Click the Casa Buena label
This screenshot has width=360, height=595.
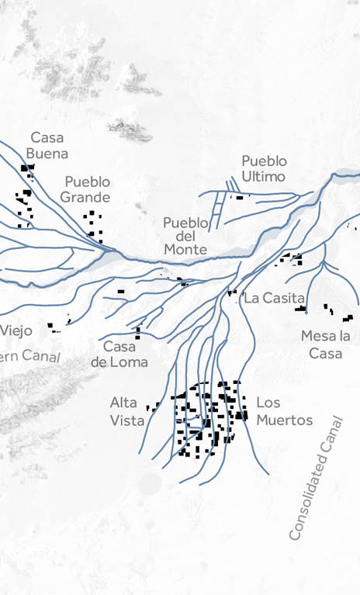pyautogui.click(x=47, y=145)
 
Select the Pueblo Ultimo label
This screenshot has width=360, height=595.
pyautogui.click(x=264, y=168)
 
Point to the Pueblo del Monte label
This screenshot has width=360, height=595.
pyautogui.click(x=185, y=236)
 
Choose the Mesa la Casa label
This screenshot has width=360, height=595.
pyautogui.click(x=326, y=344)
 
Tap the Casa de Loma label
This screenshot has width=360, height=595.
pyautogui.click(x=119, y=354)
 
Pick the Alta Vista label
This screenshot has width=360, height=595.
pyautogui.click(x=127, y=411)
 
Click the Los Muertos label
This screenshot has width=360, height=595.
pyautogui.click(x=284, y=411)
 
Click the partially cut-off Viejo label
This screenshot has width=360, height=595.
pyautogui.click(x=16, y=330)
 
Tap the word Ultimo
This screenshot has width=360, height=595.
pyautogui.click(x=264, y=176)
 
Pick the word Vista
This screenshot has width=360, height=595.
pyautogui.click(x=127, y=420)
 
